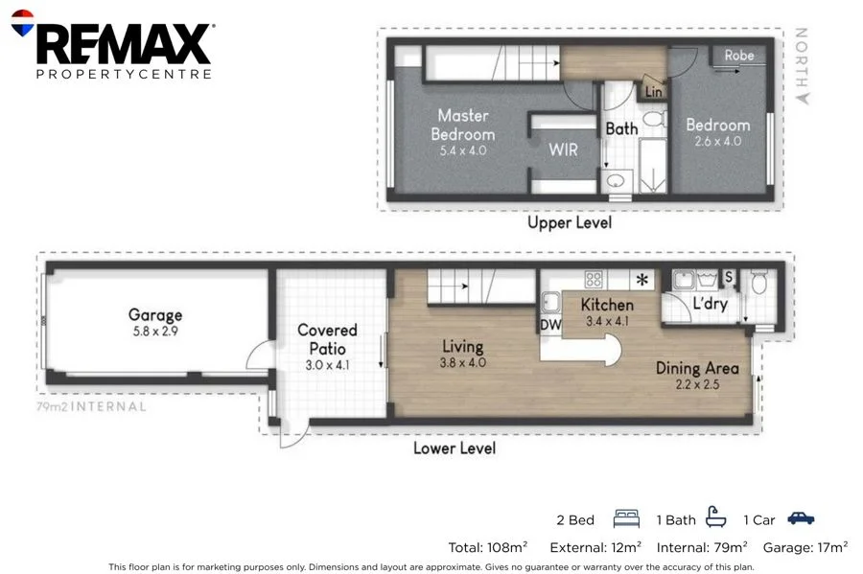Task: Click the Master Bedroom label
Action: pyautogui.click(x=463, y=125)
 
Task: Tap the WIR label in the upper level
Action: pyautogui.click(x=563, y=149)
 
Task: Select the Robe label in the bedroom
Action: pyautogui.click(x=738, y=56)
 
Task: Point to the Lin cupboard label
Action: pyautogui.click(x=653, y=92)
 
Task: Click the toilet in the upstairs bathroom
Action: pyautogui.click(x=654, y=119)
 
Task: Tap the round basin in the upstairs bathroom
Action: pyautogui.click(x=617, y=180)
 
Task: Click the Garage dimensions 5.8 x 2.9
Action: pyautogui.click(x=155, y=331)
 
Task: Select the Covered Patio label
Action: pyautogui.click(x=327, y=338)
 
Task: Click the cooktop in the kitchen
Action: pyautogui.click(x=594, y=279)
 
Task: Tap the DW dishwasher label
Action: pyautogui.click(x=550, y=325)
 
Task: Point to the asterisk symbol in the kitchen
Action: pyautogui.click(x=641, y=279)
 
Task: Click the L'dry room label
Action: pyautogui.click(x=710, y=304)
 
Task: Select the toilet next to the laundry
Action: pyautogui.click(x=758, y=282)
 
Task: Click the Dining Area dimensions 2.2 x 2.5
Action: pyautogui.click(x=697, y=384)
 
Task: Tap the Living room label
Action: pyautogui.click(x=463, y=346)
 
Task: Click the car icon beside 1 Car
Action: pyautogui.click(x=801, y=517)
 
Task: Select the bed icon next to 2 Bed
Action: pyautogui.click(x=626, y=519)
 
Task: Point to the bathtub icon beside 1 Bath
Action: pyautogui.click(x=715, y=517)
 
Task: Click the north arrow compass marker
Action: pyautogui.click(x=803, y=98)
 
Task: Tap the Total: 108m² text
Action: pyautogui.click(x=488, y=547)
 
